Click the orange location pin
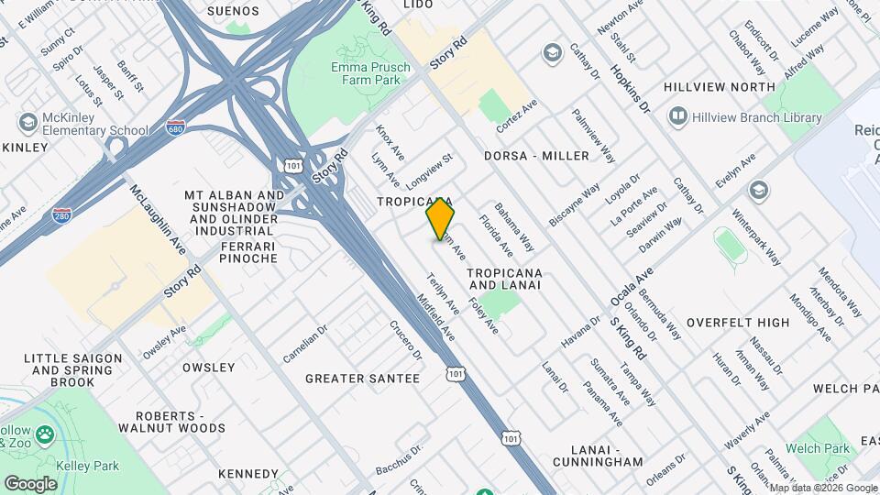pos(440,219)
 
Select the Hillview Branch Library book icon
pos(678,116)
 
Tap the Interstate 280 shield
pos(62,214)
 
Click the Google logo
pos(30,483)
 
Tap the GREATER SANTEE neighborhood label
pos(362,379)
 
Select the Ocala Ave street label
pos(632,288)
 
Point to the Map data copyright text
pos(822,488)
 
